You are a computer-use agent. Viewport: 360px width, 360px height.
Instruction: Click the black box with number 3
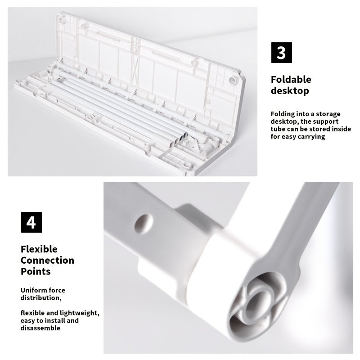pos(281,52)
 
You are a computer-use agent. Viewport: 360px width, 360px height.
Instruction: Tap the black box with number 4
pos(31,222)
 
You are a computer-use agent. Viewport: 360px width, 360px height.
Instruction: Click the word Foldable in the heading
pos(291,80)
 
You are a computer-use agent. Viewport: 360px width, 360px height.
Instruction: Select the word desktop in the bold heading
pos(289,91)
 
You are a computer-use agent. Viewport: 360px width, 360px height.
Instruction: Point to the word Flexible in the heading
pos(39,249)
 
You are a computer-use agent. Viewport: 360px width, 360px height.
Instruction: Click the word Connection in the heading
pos(47,260)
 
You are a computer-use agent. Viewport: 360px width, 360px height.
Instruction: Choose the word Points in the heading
pos(36,271)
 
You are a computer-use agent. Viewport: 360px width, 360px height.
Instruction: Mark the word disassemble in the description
pos(40,328)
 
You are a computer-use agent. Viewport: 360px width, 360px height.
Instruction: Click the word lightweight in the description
pos(81,313)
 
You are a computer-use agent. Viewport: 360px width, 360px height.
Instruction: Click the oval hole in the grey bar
pos(144,223)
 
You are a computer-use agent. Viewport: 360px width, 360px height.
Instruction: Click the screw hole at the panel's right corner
pos(232,81)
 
